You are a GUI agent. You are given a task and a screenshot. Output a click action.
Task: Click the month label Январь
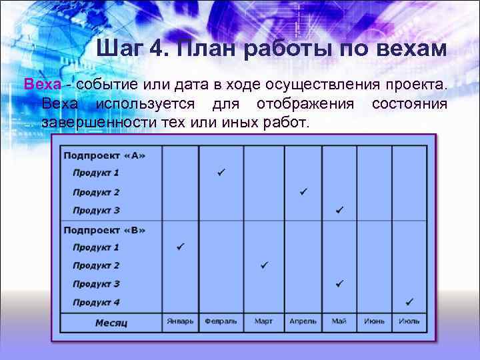[x=180, y=321]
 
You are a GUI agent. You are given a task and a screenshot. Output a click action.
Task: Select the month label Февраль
[x=221, y=321]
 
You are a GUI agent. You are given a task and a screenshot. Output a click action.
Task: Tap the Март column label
[x=263, y=321]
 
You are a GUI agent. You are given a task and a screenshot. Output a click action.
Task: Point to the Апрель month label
[x=303, y=321]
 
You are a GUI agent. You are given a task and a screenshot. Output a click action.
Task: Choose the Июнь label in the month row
[x=374, y=321]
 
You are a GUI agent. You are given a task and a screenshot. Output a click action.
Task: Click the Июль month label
[x=409, y=321]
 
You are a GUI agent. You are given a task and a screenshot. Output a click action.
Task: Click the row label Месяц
[x=111, y=323]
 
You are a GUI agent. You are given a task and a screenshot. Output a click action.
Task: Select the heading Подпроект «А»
[x=104, y=155]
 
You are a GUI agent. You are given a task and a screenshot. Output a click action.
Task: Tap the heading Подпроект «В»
[x=104, y=230]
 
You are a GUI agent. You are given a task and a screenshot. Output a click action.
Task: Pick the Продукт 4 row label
[x=96, y=302]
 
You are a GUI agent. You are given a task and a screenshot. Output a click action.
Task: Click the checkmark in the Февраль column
[x=221, y=173]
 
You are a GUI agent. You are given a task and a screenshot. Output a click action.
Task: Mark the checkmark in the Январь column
[x=180, y=247]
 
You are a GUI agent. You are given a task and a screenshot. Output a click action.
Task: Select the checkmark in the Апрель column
[x=303, y=192]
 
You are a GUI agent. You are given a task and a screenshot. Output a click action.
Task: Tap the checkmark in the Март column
[x=264, y=265]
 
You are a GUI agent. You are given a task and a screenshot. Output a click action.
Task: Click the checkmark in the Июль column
[x=409, y=301]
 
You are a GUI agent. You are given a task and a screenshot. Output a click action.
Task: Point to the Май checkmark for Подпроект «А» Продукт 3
[x=339, y=210]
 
